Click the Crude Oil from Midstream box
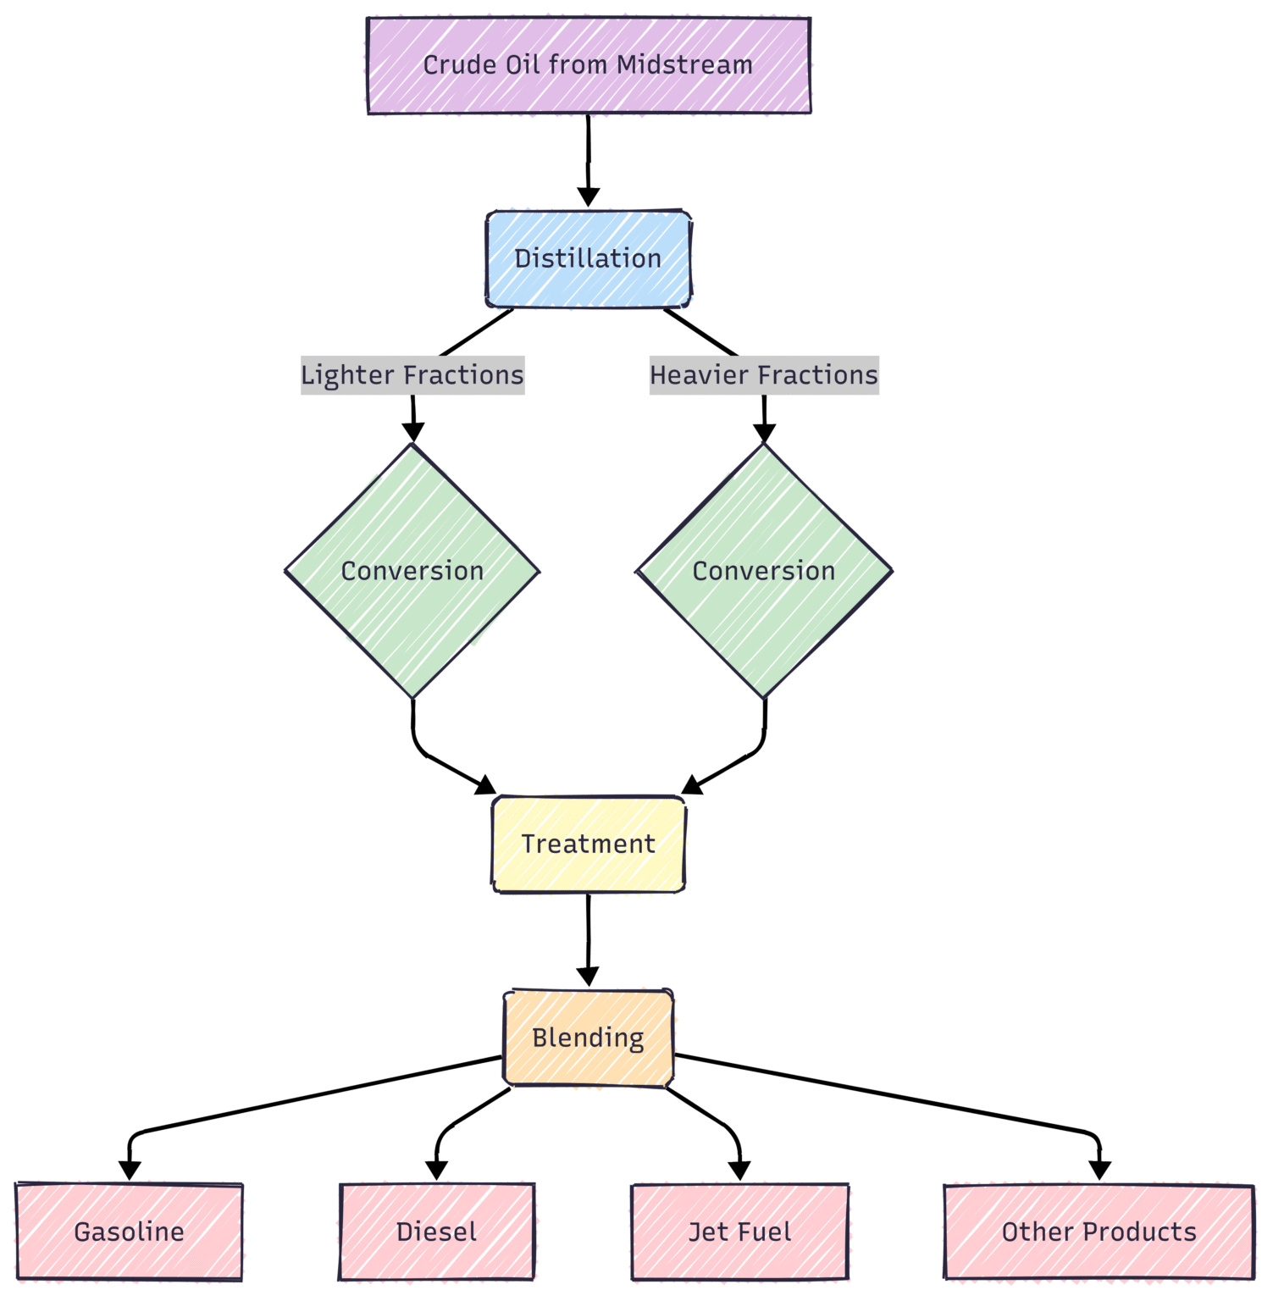coord(589,65)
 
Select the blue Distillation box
coord(589,258)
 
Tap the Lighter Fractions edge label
coord(412,375)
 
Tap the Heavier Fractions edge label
coord(764,375)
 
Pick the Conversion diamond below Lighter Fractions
coord(412,571)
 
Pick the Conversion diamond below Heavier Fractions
coord(764,571)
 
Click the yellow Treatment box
coord(589,844)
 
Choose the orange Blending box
coord(589,1038)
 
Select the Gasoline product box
coord(130,1232)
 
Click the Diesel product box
coord(437,1232)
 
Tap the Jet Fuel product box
coord(740,1232)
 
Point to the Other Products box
coord(1099,1232)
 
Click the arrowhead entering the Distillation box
coord(589,197)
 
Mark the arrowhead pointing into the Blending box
coord(588,977)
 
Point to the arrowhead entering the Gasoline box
coord(130,1171)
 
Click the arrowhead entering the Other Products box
coord(1099,1171)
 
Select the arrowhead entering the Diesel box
coord(436,1171)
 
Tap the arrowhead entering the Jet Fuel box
coord(739,1171)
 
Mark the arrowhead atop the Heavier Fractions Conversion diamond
coord(764,433)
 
